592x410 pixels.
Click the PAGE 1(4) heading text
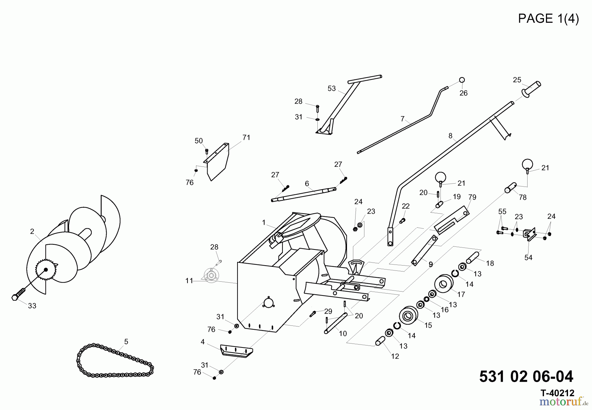coord(548,18)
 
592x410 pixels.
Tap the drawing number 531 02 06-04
coord(526,376)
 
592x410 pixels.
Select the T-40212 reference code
coord(557,393)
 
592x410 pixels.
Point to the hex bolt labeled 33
coord(19,294)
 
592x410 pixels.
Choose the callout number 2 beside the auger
coord(32,232)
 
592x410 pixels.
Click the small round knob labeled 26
coord(462,80)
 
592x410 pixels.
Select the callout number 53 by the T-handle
coord(332,89)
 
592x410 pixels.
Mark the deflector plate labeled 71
coord(217,161)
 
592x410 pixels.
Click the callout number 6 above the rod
coord(307,184)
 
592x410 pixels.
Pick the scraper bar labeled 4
coord(236,351)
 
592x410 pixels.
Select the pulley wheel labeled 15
coord(408,317)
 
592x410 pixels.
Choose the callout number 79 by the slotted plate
coord(472,197)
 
